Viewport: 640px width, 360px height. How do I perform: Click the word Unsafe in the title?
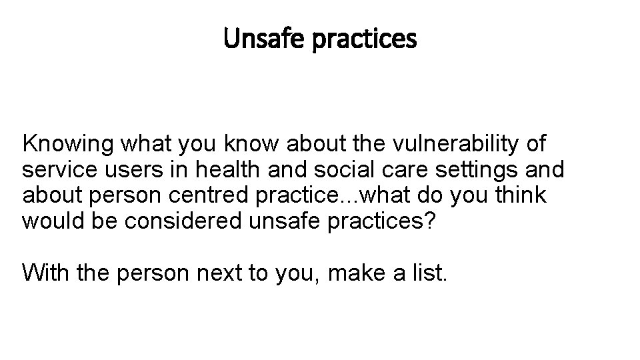(254, 39)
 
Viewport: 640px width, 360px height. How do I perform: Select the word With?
(43, 272)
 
